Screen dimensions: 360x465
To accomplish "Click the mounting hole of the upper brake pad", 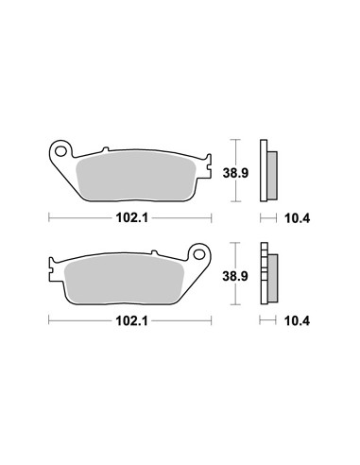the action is [60, 151].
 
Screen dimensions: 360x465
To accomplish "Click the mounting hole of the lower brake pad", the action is [199, 254].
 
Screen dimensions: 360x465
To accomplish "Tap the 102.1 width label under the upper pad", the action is [132, 217].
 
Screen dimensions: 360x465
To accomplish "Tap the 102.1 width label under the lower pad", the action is [132, 321].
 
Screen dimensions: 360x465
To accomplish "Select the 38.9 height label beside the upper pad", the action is [235, 173].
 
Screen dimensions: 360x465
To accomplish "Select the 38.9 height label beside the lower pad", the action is [235, 276].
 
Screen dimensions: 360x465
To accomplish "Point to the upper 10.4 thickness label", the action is [297, 218].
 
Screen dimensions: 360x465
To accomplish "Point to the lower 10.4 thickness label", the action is [297, 321].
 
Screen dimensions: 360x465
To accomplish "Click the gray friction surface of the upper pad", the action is [136, 176].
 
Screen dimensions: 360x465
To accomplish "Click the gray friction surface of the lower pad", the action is [124, 279].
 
